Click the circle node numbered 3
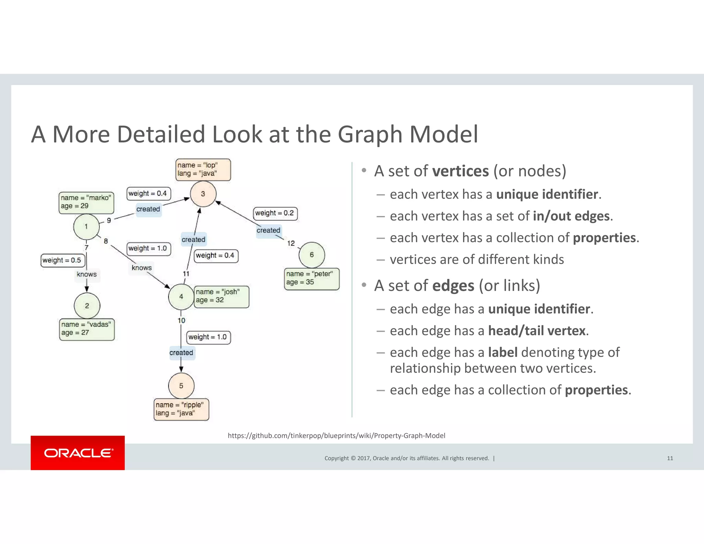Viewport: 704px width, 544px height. click(203, 194)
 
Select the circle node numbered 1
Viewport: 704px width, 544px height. click(86, 227)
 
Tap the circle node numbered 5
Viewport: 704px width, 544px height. click(181, 386)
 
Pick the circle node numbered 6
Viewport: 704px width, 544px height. click(312, 255)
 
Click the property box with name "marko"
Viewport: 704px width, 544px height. click(86, 202)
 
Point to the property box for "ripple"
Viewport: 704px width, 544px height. click(181, 409)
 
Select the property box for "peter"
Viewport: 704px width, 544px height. click(311, 279)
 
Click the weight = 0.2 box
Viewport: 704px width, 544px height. click(275, 213)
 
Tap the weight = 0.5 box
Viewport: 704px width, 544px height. click(62, 260)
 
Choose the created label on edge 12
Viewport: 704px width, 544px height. click(268, 230)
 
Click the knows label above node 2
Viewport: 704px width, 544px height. click(87, 274)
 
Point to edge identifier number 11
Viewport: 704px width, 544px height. click(186, 274)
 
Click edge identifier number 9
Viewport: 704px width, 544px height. click(109, 220)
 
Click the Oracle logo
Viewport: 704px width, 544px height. click(78, 453)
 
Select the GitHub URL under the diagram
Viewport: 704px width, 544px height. click(336, 436)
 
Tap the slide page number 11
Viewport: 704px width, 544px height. click(670, 458)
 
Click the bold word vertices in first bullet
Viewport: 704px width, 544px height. click(460, 171)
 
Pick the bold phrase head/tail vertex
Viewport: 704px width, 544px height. click(537, 331)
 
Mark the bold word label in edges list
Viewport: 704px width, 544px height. click(503, 352)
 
